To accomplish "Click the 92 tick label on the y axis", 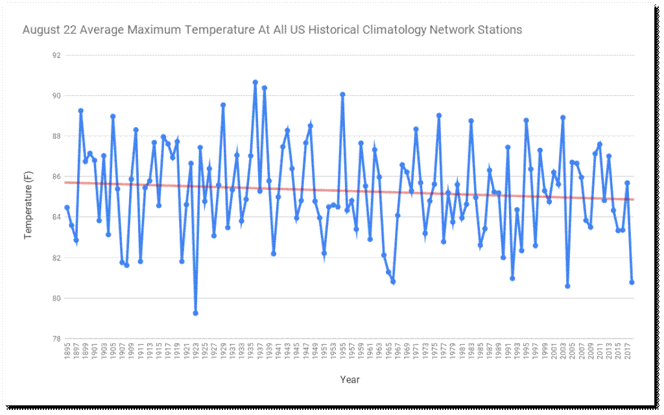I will click(x=56, y=55).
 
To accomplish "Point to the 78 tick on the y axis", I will click(x=56, y=339).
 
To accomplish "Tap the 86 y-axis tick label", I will click(x=56, y=177).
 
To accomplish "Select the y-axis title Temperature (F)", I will click(x=29, y=198).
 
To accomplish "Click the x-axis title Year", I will click(x=350, y=380).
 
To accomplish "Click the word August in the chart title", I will click(x=41, y=30).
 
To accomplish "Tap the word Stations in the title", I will click(x=499, y=30).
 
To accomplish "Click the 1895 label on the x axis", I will click(x=67, y=353).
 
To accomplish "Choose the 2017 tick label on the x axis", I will click(x=627, y=353).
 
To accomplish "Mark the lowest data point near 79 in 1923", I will click(x=195, y=313).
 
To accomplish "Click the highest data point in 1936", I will click(x=255, y=82).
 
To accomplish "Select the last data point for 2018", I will click(x=632, y=282).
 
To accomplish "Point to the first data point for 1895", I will click(x=67, y=207).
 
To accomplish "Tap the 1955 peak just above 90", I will click(x=342, y=95).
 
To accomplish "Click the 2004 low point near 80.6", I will click(x=567, y=286).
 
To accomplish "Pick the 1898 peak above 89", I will click(x=80, y=111).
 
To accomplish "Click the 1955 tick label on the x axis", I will click(x=342, y=353).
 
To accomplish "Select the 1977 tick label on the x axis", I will click(x=444, y=353).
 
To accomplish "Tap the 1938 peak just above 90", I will click(x=264, y=88).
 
